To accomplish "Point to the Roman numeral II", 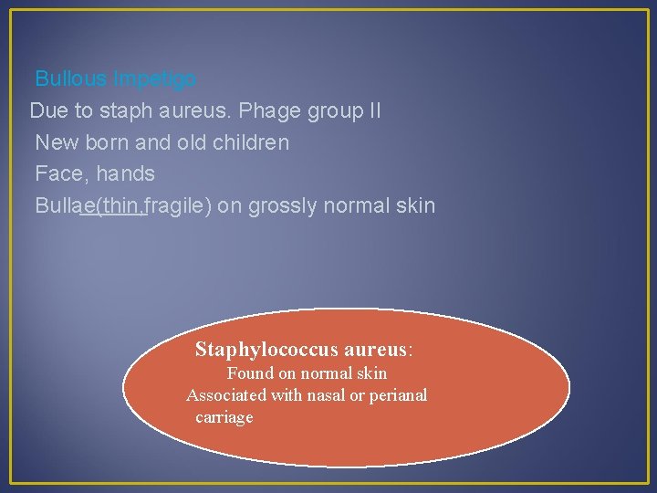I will pyautogui.click(x=374, y=111).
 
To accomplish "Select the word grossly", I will pyautogui.click(x=281, y=205).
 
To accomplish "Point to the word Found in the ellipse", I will pyautogui.click(x=250, y=373).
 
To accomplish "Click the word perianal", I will pyautogui.click(x=399, y=395).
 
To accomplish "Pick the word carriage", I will pyautogui.click(x=224, y=417).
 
